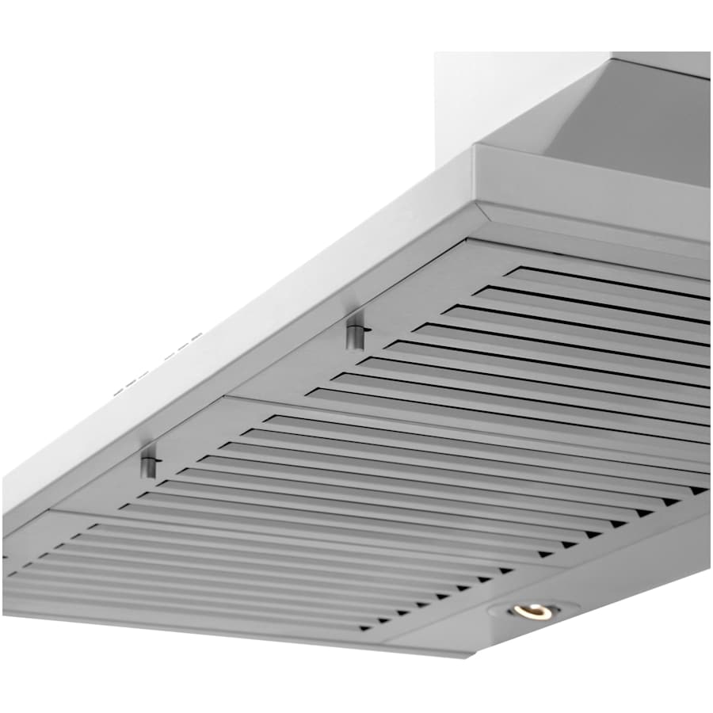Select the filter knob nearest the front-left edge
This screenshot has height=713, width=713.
tap(148, 462)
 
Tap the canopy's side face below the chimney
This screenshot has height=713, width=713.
tap(594, 198)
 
